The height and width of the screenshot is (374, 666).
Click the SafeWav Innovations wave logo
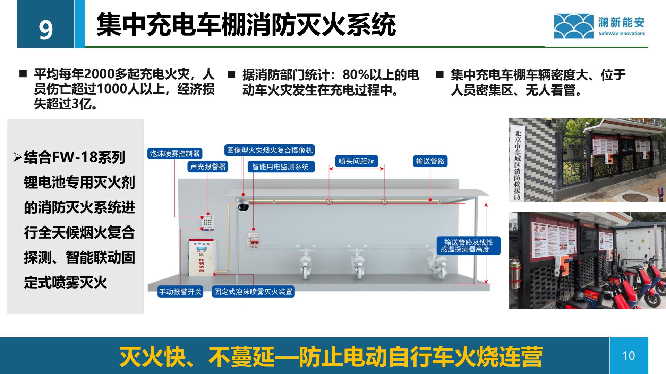coord(573,26)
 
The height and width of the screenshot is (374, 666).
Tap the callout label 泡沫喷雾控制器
coord(174,153)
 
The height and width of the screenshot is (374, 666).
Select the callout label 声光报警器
coord(208,167)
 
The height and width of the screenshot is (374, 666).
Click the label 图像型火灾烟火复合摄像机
coord(270,150)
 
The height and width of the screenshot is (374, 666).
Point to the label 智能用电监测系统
coord(280,167)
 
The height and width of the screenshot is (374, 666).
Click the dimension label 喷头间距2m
coord(357,161)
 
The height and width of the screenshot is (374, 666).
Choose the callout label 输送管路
coord(430,161)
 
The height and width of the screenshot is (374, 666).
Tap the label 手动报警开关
coord(180,292)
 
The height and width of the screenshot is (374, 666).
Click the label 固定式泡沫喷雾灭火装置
coord(253,292)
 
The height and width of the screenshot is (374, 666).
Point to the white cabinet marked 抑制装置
coord(202,258)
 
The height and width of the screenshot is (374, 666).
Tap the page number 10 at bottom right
coord(629,356)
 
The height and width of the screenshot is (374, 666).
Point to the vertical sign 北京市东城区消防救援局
coord(518,165)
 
